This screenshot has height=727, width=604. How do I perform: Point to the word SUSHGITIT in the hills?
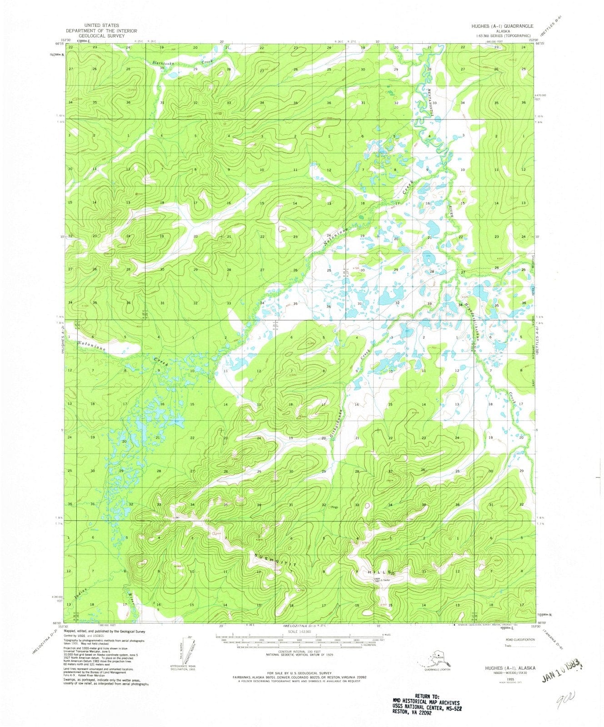275,560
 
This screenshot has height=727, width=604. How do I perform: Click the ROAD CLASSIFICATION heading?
519,639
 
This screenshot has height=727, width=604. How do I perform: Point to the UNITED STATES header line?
105,25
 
